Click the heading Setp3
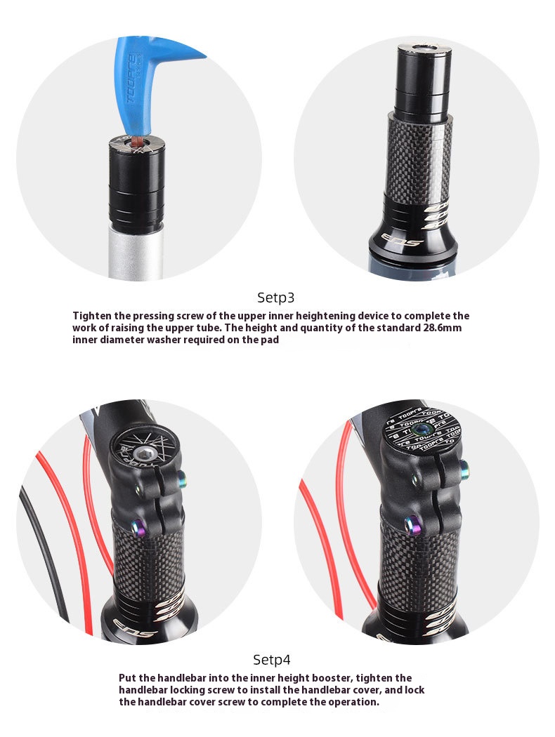pyautogui.click(x=275, y=298)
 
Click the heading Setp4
pyautogui.click(x=271, y=660)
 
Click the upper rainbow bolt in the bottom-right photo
pyautogui.click(x=464, y=467)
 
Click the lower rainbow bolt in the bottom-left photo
pyautogui.click(x=138, y=526)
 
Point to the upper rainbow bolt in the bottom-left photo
pyautogui.click(x=182, y=479)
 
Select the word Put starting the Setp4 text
pyautogui.click(x=127, y=678)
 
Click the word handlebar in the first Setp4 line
pyautogui.click(x=181, y=678)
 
